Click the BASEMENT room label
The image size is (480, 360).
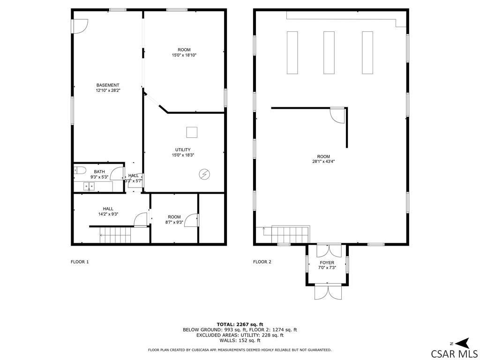point(107,85)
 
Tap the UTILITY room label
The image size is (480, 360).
point(183,150)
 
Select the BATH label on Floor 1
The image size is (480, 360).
point(99,172)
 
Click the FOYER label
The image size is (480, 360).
point(327,262)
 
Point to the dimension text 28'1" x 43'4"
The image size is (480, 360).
point(323,162)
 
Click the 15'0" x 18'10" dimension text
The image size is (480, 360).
point(184,55)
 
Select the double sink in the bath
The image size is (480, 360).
point(89,186)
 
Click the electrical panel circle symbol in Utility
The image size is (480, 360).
point(204,174)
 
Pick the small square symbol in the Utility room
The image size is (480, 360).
point(192,132)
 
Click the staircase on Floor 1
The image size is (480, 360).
point(115,235)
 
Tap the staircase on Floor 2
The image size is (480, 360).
point(290,235)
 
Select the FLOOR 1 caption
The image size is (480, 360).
point(80,262)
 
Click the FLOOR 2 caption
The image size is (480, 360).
point(262,262)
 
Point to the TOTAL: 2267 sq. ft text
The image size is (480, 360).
point(240,324)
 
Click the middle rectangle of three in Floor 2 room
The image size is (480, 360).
point(329,52)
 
